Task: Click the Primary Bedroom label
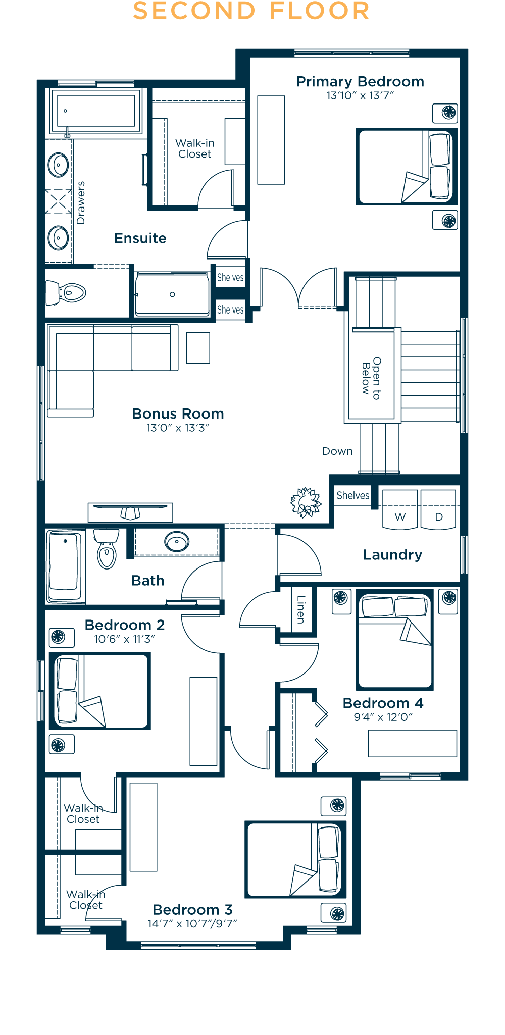click(360, 82)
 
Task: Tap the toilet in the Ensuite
click(66, 293)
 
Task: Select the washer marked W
click(400, 509)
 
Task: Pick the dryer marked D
click(438, 509)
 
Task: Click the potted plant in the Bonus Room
click(306, 502)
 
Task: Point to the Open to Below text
click(371, 378)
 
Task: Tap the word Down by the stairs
click(337, 451)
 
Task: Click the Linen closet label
click(301, 609)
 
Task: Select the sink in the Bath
click(177, 542)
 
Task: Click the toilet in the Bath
click(107, 549)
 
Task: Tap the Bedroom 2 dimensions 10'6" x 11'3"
click(124, 639)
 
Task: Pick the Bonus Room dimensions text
click(178, 428)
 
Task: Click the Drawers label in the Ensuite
click(81, 202)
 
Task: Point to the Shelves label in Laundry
click(353, 495)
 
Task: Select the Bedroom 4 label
click(383, 703)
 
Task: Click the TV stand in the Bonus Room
click(130, 512)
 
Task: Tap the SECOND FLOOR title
click(251, 11)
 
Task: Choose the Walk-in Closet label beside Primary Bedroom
click(195, 149)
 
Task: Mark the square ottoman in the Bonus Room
click(198, 348)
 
